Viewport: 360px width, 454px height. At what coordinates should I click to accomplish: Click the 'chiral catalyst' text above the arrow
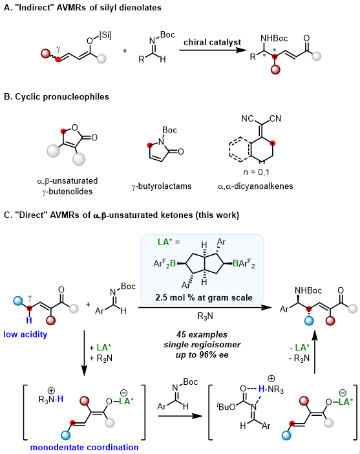(x=212, y=42)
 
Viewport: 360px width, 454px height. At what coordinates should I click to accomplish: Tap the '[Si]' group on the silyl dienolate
(x=105, y=36)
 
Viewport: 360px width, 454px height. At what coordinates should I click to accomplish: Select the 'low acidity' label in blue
(x=25, y=334)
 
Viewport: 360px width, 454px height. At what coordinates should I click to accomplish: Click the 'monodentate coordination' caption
(x=84, y=447)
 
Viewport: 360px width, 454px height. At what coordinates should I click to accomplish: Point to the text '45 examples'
(x=202, y=334)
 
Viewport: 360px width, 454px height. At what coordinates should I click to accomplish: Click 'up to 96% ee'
(x=202, y=354)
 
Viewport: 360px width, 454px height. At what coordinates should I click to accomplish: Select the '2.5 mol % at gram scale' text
(x=204, y=297)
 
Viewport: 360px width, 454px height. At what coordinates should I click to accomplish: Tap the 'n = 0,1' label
(x=256, y=172)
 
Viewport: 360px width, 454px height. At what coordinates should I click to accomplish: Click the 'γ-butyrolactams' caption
(x=162, y=186)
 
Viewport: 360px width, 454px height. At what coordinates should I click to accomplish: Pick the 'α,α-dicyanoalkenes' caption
(x=255, y=186)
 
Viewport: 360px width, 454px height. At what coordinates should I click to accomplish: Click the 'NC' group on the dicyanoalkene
(x=248, y=118)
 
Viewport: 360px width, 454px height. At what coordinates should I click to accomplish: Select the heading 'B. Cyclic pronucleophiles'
(x=56, y=96)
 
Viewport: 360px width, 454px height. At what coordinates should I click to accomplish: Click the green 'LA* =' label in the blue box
(x=169, y=242)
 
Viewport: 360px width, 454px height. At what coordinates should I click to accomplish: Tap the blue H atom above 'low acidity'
(x=29, y=321)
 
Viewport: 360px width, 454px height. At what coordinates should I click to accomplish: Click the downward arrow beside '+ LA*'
(x=84, y=353)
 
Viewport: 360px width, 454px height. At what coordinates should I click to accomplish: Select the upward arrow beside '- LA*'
(x=315, y=353)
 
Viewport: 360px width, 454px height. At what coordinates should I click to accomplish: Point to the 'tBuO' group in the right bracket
(x=226, y=407)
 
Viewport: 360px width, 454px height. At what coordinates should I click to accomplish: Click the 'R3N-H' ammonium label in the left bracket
(x=51, y=396)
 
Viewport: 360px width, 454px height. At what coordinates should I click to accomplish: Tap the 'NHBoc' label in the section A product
(x=274, y=38)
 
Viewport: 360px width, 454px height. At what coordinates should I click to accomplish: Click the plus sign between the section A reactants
(x=125, y=51)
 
